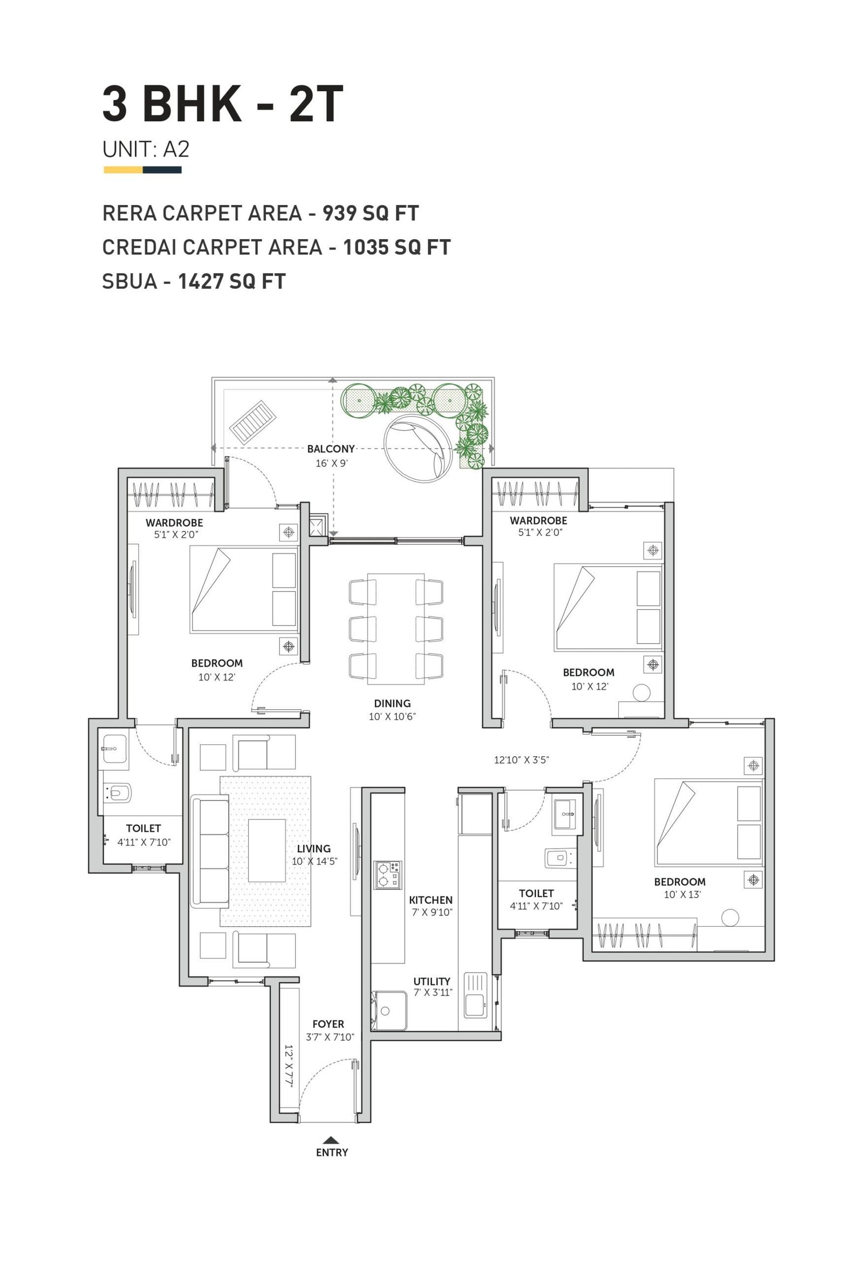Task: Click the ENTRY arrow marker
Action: click(331, 1139)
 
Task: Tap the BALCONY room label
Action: click(331, 449)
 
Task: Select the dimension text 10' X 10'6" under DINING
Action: click(392, 716)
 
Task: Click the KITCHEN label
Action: click(430, 900)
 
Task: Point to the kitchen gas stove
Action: click(387, 874)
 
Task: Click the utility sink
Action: click(476, 995)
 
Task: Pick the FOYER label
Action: click(328, 1023)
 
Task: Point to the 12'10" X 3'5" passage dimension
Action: click(521, 759)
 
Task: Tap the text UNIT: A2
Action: click(146, 150)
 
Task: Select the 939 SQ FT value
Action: click(371, 213)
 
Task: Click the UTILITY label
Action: click(432, 981)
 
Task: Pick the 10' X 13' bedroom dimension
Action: click(682, 894)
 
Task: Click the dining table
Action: click(396, 628)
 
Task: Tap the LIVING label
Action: click(313, 848)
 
